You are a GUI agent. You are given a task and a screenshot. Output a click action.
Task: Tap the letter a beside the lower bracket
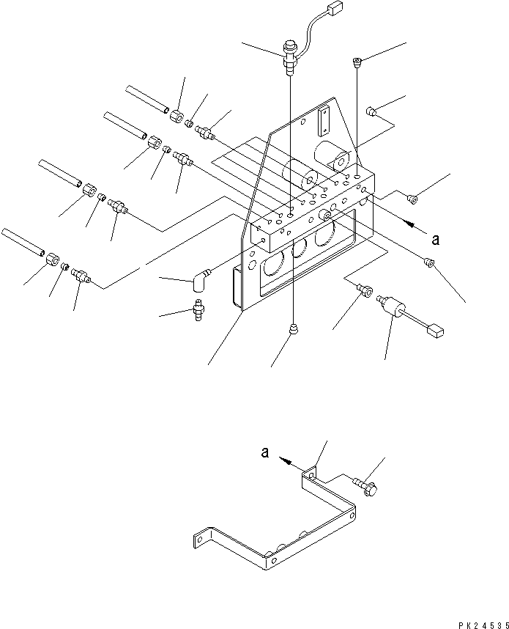click(264, 454)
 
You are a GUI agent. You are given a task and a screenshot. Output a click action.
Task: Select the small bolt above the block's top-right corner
click(357, 63)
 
